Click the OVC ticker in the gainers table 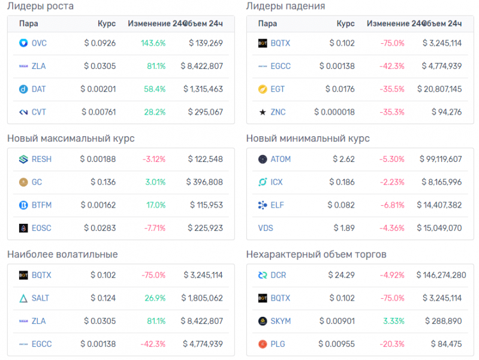(39, 43)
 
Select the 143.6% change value (153, 43)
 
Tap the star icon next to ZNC (262, 112)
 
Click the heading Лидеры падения (286, 7)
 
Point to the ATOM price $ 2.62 (344, 159)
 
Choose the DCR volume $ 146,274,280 (442, 275)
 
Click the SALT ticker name (41, 298)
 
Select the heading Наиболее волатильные (62, 254)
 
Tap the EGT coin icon (262, 89)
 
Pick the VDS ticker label (266, 228)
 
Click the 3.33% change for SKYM (394, 321)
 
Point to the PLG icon (262, 344)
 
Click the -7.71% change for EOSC (153, 228)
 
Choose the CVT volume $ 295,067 (205, 112)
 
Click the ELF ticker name (278, 205)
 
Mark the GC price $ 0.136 (103, 182)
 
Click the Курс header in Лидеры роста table (107, 23)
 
